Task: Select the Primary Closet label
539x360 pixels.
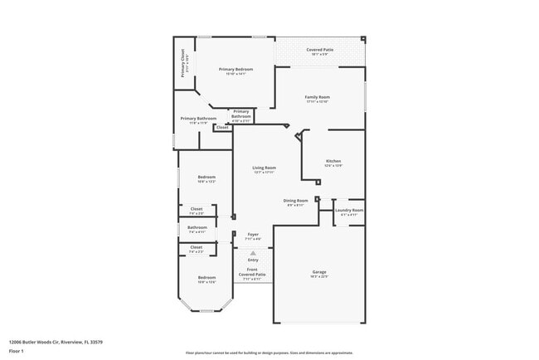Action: coord(182,63)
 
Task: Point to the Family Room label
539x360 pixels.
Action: coord(318,98)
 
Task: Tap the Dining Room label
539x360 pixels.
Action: coord(296,201)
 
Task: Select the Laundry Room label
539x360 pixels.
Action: coord(349,211)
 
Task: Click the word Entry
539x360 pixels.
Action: coord(253,260)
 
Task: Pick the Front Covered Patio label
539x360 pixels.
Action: coord(253,273)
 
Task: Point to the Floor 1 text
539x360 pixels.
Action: coord(17,351)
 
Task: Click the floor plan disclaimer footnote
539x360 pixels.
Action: coord(269,353)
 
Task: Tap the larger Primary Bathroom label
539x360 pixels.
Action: coord(199,119)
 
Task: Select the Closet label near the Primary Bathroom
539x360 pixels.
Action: coord(222,128)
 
